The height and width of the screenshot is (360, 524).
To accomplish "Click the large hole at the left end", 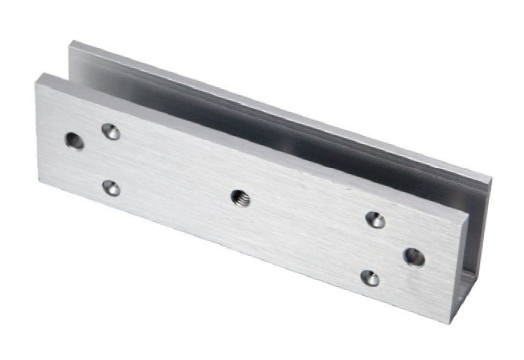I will [x=74, y=141].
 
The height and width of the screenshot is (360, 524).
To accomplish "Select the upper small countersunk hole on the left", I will [x=111, y=131].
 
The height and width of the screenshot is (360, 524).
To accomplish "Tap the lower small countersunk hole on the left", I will [x=111, y=187].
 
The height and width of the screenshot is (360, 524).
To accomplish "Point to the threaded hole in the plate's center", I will [x=240, y=197].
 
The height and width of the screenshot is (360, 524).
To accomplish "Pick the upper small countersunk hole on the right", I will [x=375, y=220].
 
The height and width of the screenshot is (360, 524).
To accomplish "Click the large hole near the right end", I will [x=413, y=257].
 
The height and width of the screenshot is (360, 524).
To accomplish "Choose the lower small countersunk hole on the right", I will [x=370, y=277].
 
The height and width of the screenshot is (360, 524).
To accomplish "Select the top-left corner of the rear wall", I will [x=70, y=42].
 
